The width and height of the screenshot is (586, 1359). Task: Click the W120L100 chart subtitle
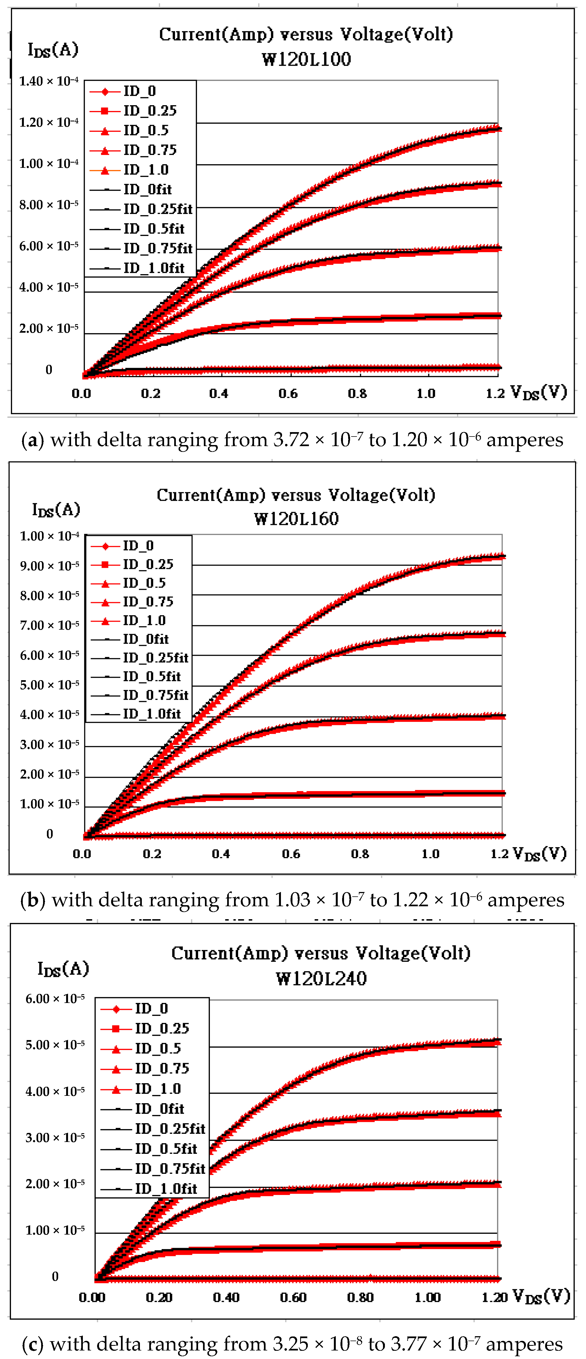[x=306, y=59]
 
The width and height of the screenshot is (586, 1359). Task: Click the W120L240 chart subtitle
[x=321, y=979]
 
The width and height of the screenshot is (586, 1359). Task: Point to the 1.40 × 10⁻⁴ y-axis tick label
[x=49, y=81]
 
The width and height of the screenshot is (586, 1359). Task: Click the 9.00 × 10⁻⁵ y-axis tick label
[x=50, y=566]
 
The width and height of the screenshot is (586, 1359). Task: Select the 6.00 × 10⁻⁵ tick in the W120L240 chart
[x=55, y=999]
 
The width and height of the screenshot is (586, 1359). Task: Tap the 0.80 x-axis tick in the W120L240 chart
[x=360, y=1297]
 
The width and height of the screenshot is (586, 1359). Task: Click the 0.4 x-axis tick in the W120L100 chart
[x=219, y=394]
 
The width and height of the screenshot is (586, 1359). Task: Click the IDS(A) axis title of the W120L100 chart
[x=53, y=50]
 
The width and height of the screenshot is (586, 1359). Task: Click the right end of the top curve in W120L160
[x=503, y=556]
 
